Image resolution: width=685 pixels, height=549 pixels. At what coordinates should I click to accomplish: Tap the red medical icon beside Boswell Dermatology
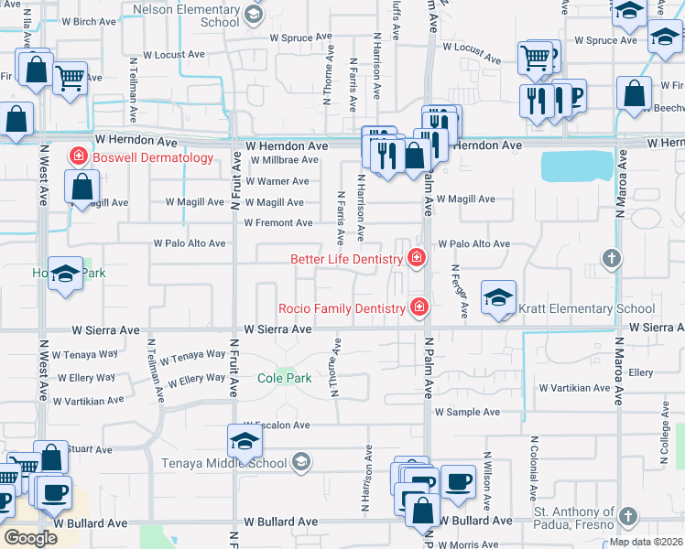coord(79,157)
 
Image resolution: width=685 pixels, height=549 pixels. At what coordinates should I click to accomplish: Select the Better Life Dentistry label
coord(348,259)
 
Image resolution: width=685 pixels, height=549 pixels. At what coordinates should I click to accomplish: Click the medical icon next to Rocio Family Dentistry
coord(419,307)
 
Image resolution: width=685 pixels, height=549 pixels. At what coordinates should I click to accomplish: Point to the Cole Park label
coord(284,378)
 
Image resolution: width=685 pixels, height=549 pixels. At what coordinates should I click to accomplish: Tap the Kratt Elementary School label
coord(586,309)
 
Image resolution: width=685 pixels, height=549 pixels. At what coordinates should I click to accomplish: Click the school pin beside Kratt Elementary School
coord(498,298)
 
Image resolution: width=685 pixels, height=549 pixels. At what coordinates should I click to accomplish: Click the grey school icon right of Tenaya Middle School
coord(300,463)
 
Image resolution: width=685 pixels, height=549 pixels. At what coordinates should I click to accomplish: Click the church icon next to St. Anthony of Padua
coord(626,517)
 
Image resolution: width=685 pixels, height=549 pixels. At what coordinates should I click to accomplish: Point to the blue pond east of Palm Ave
coord(577,167)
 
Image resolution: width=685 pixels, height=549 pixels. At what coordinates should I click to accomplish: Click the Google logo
coord(31,538)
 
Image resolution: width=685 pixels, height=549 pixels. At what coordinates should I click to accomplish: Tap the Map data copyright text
coord(647,542)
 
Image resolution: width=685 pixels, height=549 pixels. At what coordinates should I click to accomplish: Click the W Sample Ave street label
coord(471,413)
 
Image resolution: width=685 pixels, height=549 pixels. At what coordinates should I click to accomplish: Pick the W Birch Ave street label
coord(90,20)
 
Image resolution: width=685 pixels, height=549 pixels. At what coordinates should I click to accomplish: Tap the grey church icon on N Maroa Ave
coord(612,259)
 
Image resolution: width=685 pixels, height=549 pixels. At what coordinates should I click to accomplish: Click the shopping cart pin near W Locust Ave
coord(70,78)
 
